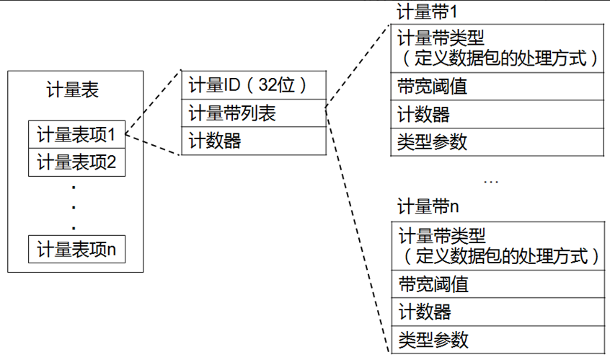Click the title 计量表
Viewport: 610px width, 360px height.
72,90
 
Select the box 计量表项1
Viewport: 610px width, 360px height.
76,135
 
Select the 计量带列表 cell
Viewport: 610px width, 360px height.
231,113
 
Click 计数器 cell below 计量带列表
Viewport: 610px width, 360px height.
215,141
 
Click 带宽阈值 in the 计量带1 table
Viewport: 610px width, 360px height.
433,87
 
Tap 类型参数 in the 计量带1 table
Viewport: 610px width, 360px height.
433,142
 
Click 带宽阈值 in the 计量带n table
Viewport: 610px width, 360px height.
433,284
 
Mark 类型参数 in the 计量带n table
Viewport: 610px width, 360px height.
433,339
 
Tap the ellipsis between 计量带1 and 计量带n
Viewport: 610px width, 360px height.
491,180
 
